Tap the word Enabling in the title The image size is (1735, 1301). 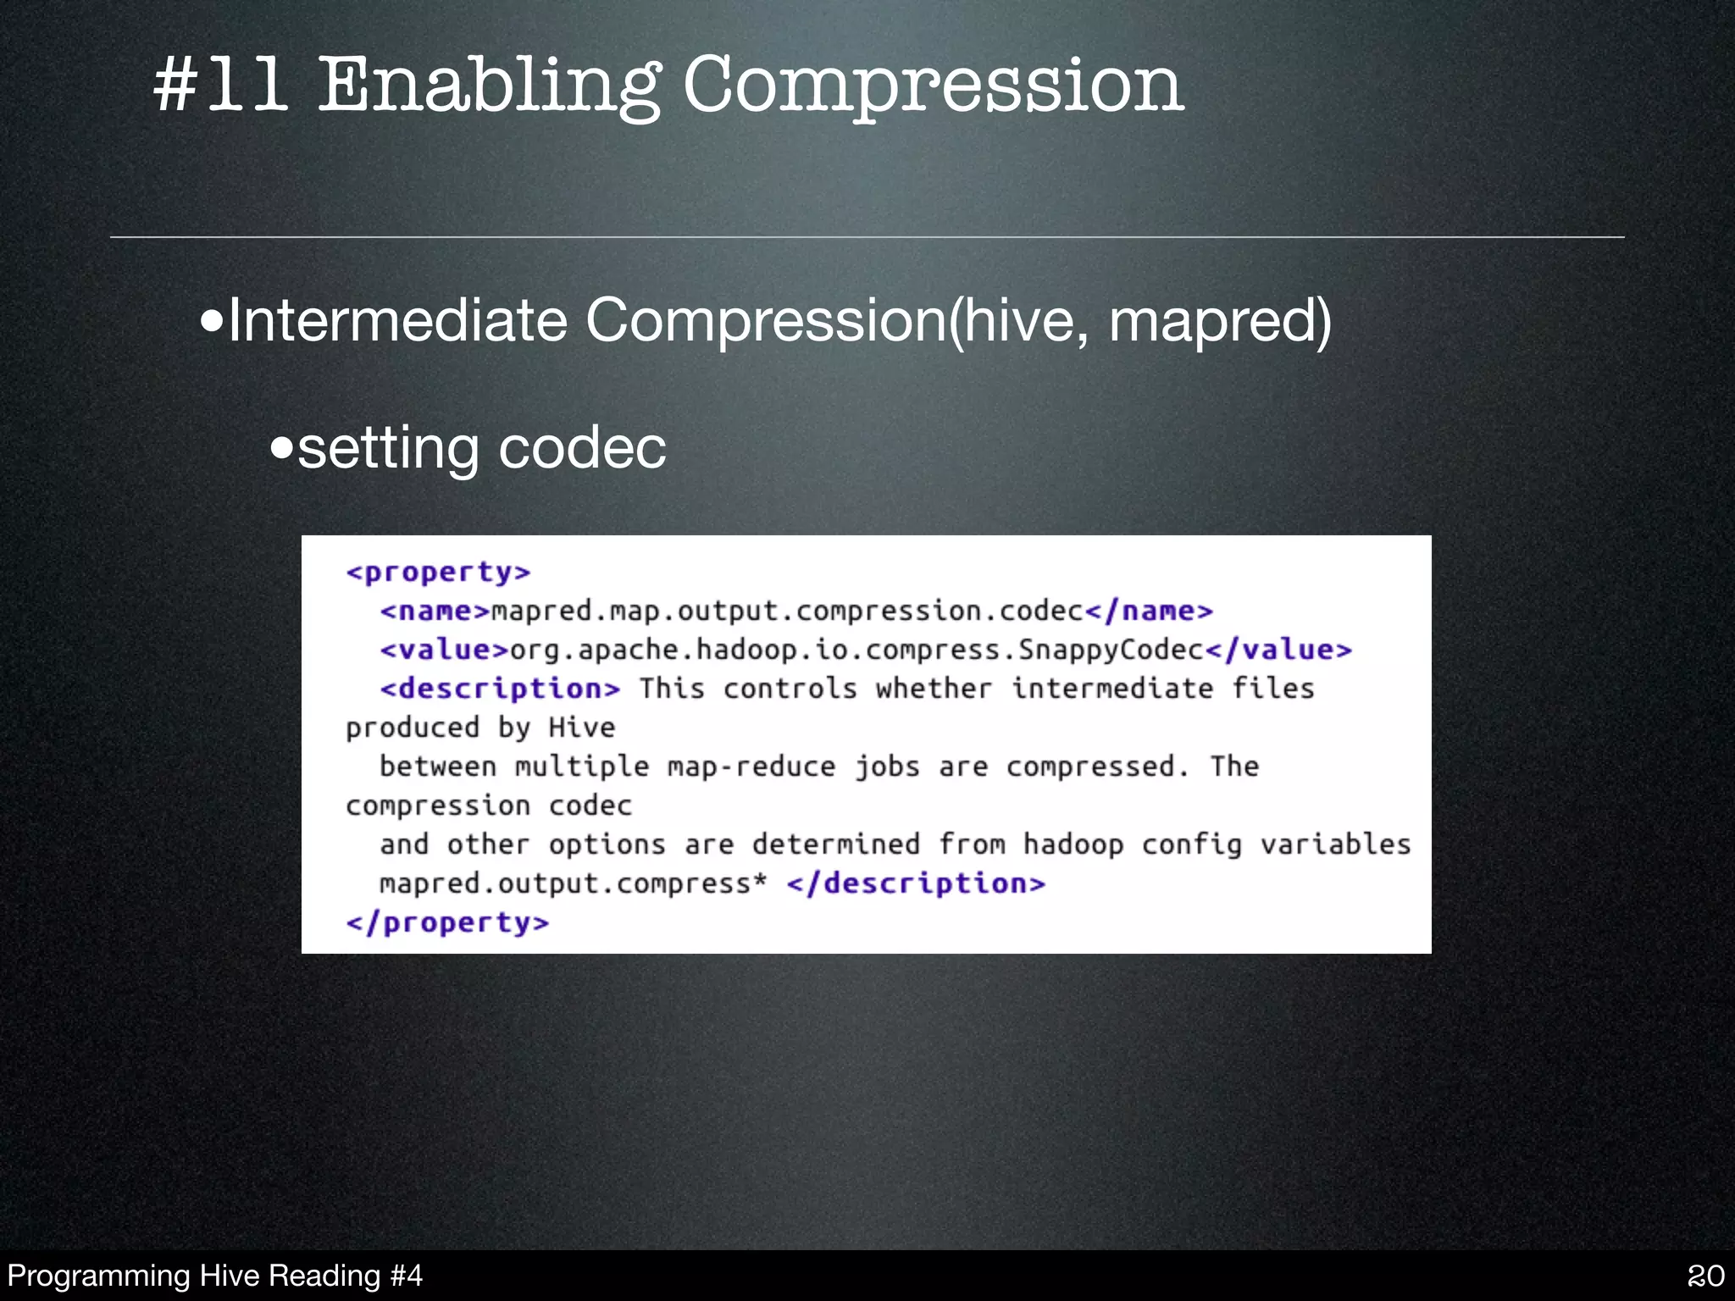(489, 86)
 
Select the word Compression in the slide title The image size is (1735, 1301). (933, 86)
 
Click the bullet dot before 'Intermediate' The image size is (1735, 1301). (212, 322)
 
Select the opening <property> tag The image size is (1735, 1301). (438, 573)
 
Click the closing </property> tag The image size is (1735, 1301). (447, 922)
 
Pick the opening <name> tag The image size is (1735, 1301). (435, 611)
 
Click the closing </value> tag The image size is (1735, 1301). (1278, 650)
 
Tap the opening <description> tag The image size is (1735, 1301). (500, 689)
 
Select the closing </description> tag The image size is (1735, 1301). (916, 883)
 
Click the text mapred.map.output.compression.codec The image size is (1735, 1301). (787, 611)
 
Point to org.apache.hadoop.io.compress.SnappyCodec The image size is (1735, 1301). (856, 650)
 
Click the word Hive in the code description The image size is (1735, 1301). (581, 728)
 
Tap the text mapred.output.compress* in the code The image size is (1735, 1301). (573, 883)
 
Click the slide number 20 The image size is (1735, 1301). (1705, 1276)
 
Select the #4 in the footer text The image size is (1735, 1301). (405, 1276)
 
